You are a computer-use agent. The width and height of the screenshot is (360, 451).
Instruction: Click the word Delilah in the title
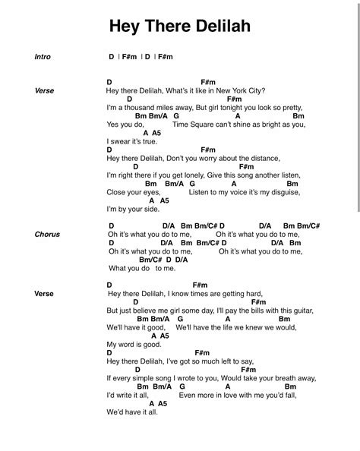(x=223, y=27)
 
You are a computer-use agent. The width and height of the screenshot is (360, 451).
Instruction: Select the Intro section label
(x=43, y=57)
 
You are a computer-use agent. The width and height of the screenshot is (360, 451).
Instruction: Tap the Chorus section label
(x=47, y=235)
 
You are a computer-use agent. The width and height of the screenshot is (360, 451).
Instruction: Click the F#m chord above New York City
(x=210, y=82)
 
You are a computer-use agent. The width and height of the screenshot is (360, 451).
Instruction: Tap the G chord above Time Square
(x=176, y=116)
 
